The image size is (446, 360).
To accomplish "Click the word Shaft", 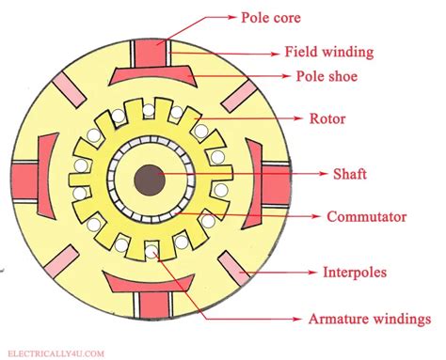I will coord(350,173).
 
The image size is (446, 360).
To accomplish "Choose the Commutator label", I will coord(366,217).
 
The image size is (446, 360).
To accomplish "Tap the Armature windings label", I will coord(370,319).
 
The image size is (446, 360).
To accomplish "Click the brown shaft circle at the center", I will coord(149,180).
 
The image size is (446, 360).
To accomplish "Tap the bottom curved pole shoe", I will coord(148,283).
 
